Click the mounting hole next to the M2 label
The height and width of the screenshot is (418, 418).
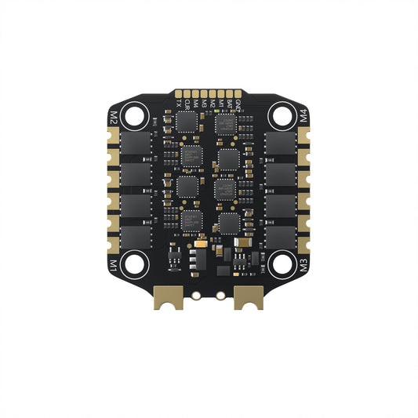click(136, 118)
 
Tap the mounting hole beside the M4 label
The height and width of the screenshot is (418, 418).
click(281, 118)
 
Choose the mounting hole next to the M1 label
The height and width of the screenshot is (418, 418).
click(136, 264)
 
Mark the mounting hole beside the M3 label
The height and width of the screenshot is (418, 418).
click(281, 264)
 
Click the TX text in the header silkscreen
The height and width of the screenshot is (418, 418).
click(179, 102)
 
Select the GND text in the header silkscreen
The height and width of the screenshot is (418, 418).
click(238, 102)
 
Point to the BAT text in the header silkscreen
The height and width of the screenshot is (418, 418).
click(229, 102)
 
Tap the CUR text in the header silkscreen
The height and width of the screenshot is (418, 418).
click(187, 102)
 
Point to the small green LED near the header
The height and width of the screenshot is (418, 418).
click(217, 112)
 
